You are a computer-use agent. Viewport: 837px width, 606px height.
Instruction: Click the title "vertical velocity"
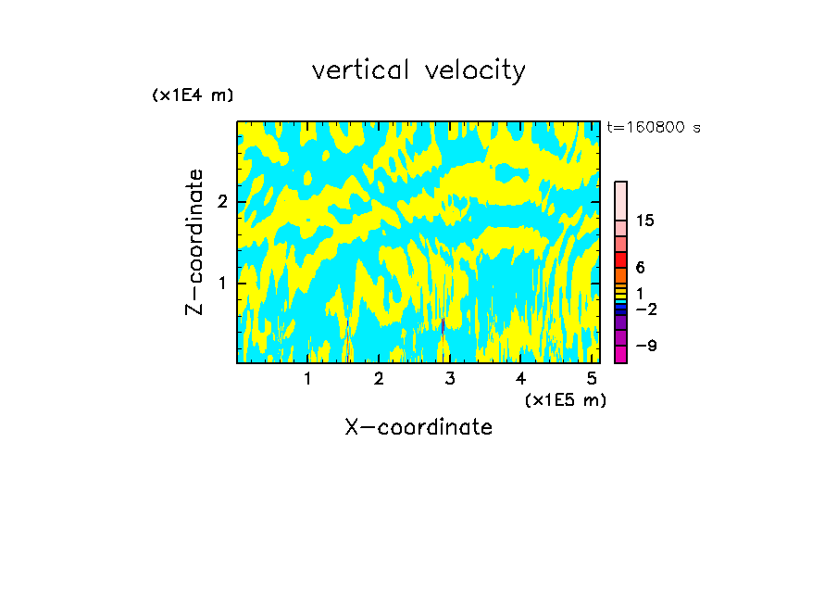pyautogui.click(x=418, y=70)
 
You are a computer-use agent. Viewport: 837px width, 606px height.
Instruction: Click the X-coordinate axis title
pyautogui.click(x=418, y=427)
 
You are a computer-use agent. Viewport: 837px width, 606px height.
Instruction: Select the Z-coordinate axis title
pyautogui.click(x=194, y=242)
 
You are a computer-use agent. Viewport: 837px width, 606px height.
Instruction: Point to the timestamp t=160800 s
pyautogui.click(x=653, y=128)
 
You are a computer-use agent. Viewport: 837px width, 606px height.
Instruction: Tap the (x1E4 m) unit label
pyautogui.click(x=193, y=95)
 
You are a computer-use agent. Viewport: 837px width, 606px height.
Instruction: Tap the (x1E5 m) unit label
pyautogui.click(x=565, y=399)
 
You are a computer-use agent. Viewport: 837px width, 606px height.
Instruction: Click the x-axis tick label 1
pyautogui.click(x=307, y=379)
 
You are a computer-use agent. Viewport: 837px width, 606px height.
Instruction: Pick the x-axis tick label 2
pyautogui.click(x=379, y=379)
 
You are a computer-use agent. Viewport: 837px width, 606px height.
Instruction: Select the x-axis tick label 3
pyautogui.click(x=450, y=379)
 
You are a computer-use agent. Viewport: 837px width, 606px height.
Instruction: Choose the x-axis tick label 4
pyautogui.click(x=521, y=379)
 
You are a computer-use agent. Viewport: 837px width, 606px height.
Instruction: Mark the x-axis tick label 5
pyautogui.click(x=592, y=379)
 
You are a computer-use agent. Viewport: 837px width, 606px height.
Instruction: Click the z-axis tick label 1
pyautogui.click(x=222, y=283)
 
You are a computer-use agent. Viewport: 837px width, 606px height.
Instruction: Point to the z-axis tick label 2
pyautogui.click(x=222, y=202)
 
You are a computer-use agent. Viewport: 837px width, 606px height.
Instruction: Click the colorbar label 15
pyautogui.click(x=645, y=221)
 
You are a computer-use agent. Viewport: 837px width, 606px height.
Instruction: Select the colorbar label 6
pyautogui.click(x=640, y=267)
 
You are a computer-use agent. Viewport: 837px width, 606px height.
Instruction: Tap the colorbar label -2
pyautogui.click(x=645, y=309)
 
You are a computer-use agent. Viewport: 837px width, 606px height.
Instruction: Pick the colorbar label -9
pyautogui.click(x=645, y=346)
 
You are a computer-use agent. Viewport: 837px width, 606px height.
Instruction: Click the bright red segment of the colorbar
pyautogui.click(x=620, y=259)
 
